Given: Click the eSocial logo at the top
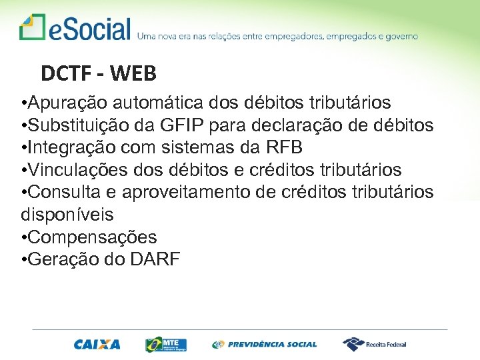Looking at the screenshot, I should (75, 29).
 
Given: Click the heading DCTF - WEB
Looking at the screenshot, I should (98, 73).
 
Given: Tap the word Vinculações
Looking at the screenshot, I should (76, 170).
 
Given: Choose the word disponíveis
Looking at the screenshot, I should (67, 215).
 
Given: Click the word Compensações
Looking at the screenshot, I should (92, 237).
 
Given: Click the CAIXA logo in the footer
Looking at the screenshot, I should (97, 345).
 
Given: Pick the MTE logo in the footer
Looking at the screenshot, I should (167, 344).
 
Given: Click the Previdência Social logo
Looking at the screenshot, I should (265, 345).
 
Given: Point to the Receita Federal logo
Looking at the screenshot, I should (374, 344).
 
